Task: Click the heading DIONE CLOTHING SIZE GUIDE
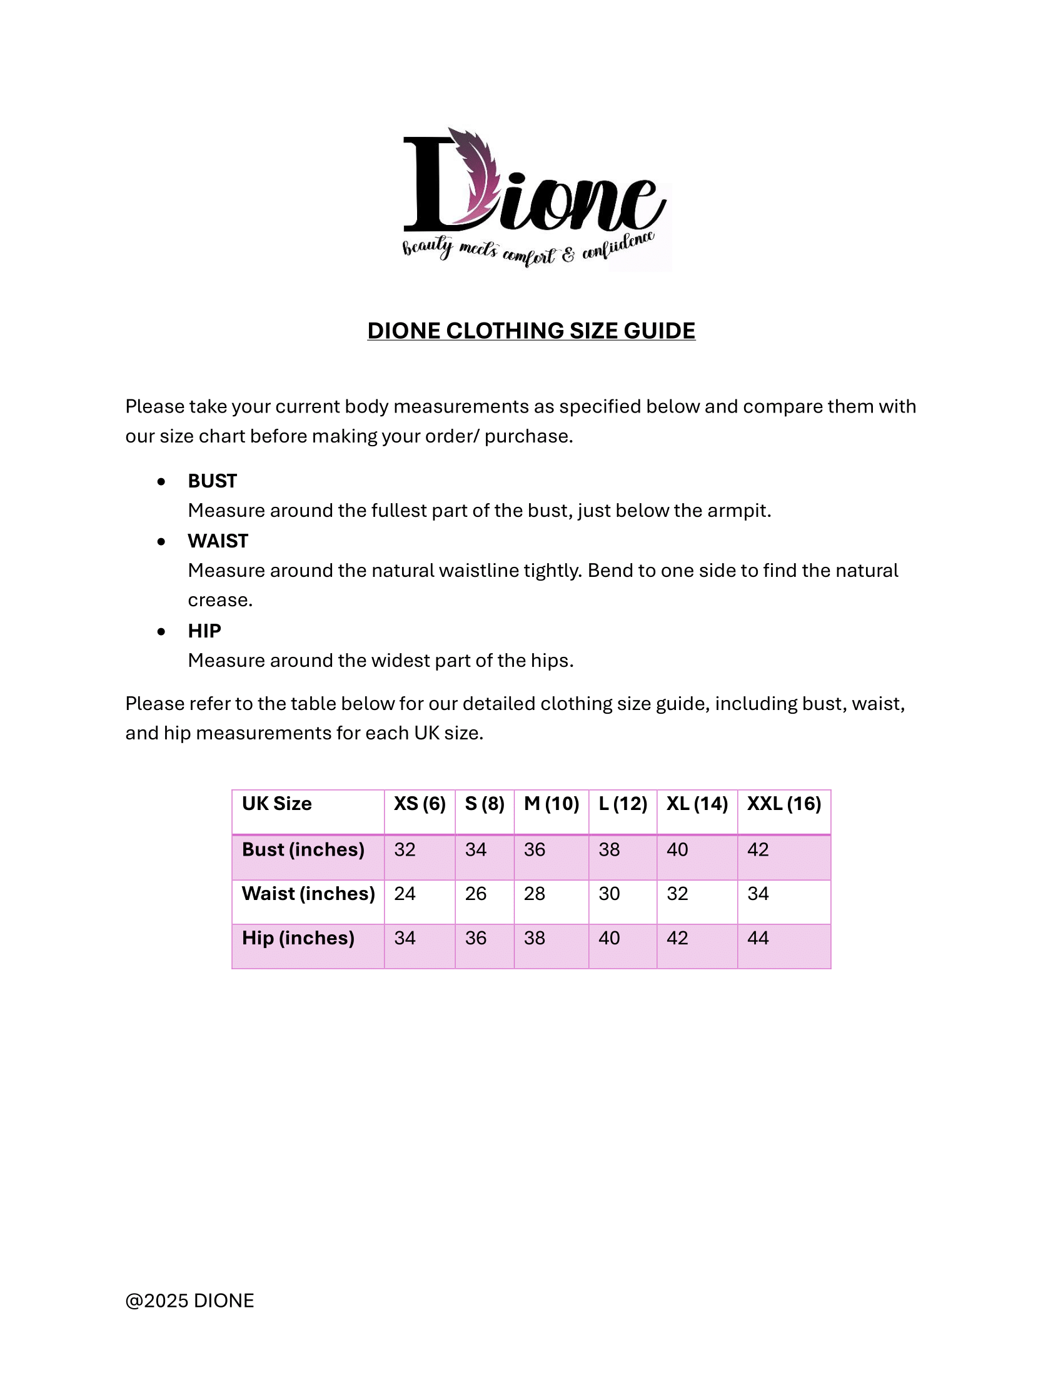pyautogui.click(x=531, y=331)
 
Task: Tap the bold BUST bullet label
pyautogui.click(x=212, y=481)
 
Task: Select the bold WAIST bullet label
pyautogui.click(x=218, y=541)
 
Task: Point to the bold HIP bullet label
pyautogui.click(x=204, y=631)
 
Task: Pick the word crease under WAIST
pyautogui.click(x=219, y=600)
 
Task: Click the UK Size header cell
pyautogui.click(x=276, y=804)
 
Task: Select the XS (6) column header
pyautogui.click(x=420, y=804)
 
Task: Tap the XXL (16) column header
pyautogui.click(x=784, y=804)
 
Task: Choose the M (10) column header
pyautogui.click(x=551, y=804)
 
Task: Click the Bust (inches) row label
pyautogui.click(x=303, y=850)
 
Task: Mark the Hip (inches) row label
pyautogui.click(x=298, y=938)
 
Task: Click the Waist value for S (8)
pyautogui.click(x=475, y=894)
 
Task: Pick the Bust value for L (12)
pyautogui.click(x=609, y=850)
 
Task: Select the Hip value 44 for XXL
pyautogui.click(x=758, y=938)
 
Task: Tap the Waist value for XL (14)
pyautogui.click(x=677, y=894)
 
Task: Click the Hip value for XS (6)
pyautogui.click(x=405, y=938)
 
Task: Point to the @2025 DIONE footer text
pyautogui.click(x=189, y=1301)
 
